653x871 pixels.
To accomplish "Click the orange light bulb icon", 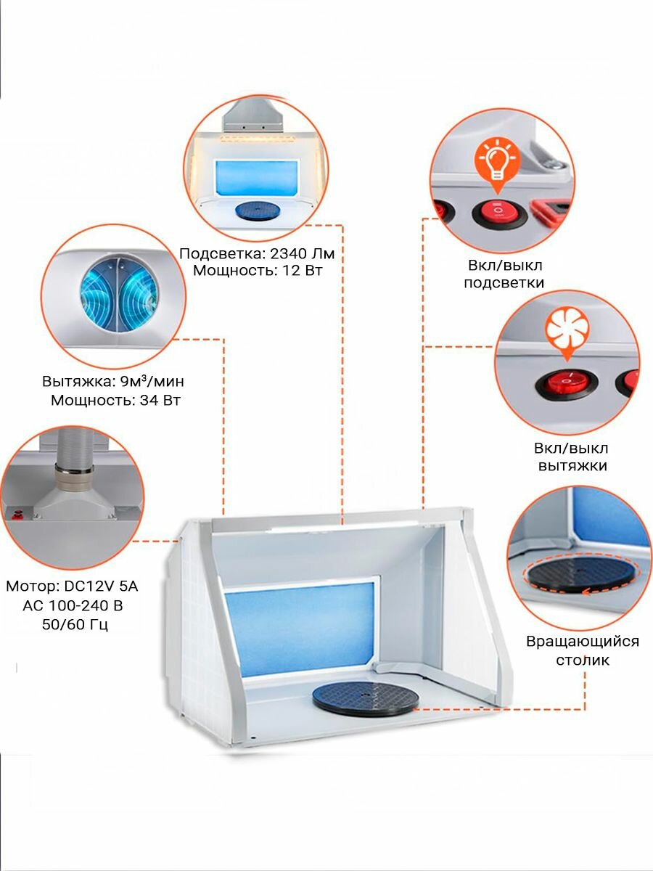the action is tap(497, 162).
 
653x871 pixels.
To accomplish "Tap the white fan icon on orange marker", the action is tap(566, 331).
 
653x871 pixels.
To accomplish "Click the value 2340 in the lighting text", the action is tap(290, 254).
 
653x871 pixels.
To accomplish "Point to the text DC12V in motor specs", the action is tap(89, 586).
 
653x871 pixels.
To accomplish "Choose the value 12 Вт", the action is tap(299, 271).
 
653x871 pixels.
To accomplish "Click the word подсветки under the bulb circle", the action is tap(504, 283).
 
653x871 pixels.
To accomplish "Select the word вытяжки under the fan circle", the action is tap(572, 466).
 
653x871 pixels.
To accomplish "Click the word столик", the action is tap(583, 660).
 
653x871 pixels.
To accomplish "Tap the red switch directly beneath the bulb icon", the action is tap(496, 213).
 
